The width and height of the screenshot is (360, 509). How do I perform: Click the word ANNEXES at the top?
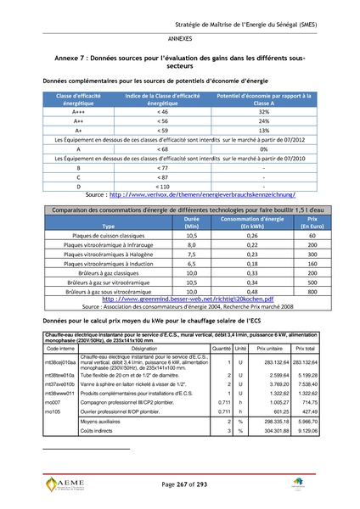179,39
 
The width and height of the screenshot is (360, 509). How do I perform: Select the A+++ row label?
78,111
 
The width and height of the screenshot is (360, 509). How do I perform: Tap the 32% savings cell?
263,111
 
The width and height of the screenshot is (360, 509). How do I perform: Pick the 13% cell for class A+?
263,131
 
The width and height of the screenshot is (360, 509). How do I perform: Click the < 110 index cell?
162,186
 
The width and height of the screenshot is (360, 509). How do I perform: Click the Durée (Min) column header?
192,223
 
